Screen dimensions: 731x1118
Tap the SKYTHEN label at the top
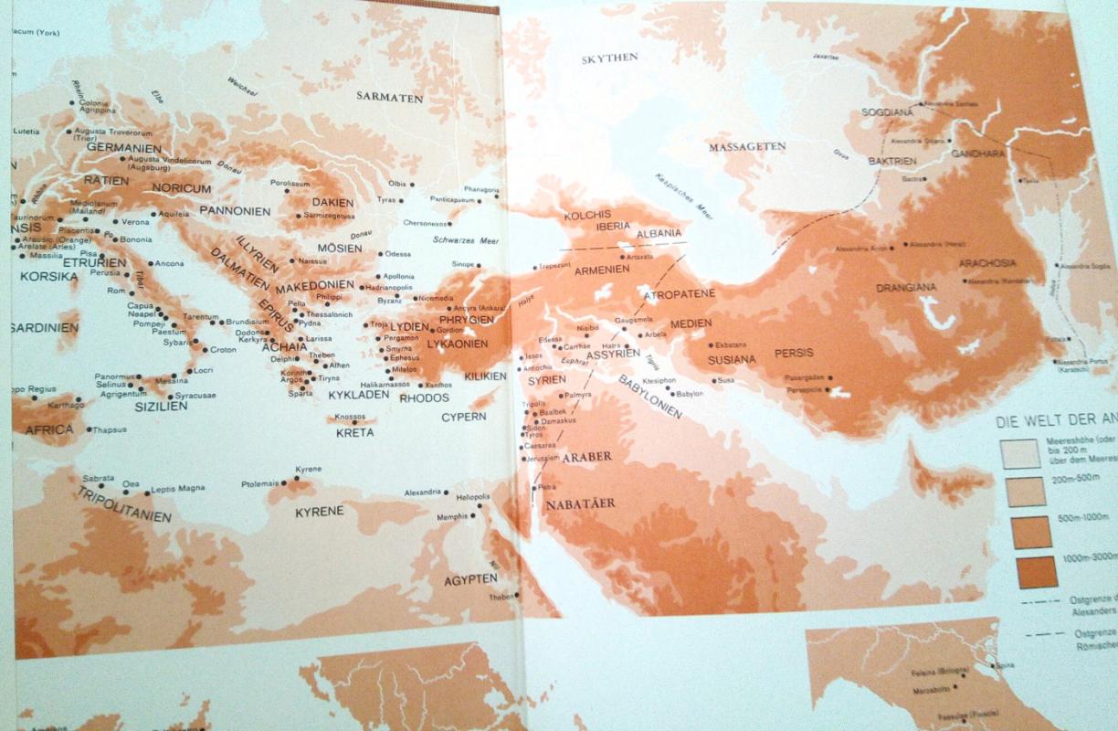pos(610,58)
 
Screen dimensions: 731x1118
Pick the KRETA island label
pos(354,432)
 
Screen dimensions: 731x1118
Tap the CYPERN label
pos(464,417)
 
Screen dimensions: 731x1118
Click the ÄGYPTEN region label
pos(471,578)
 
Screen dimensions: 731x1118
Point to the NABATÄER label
pos(580,503)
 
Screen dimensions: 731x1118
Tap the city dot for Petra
pos(533,489)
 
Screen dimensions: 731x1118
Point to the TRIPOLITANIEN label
pos(125,503)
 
